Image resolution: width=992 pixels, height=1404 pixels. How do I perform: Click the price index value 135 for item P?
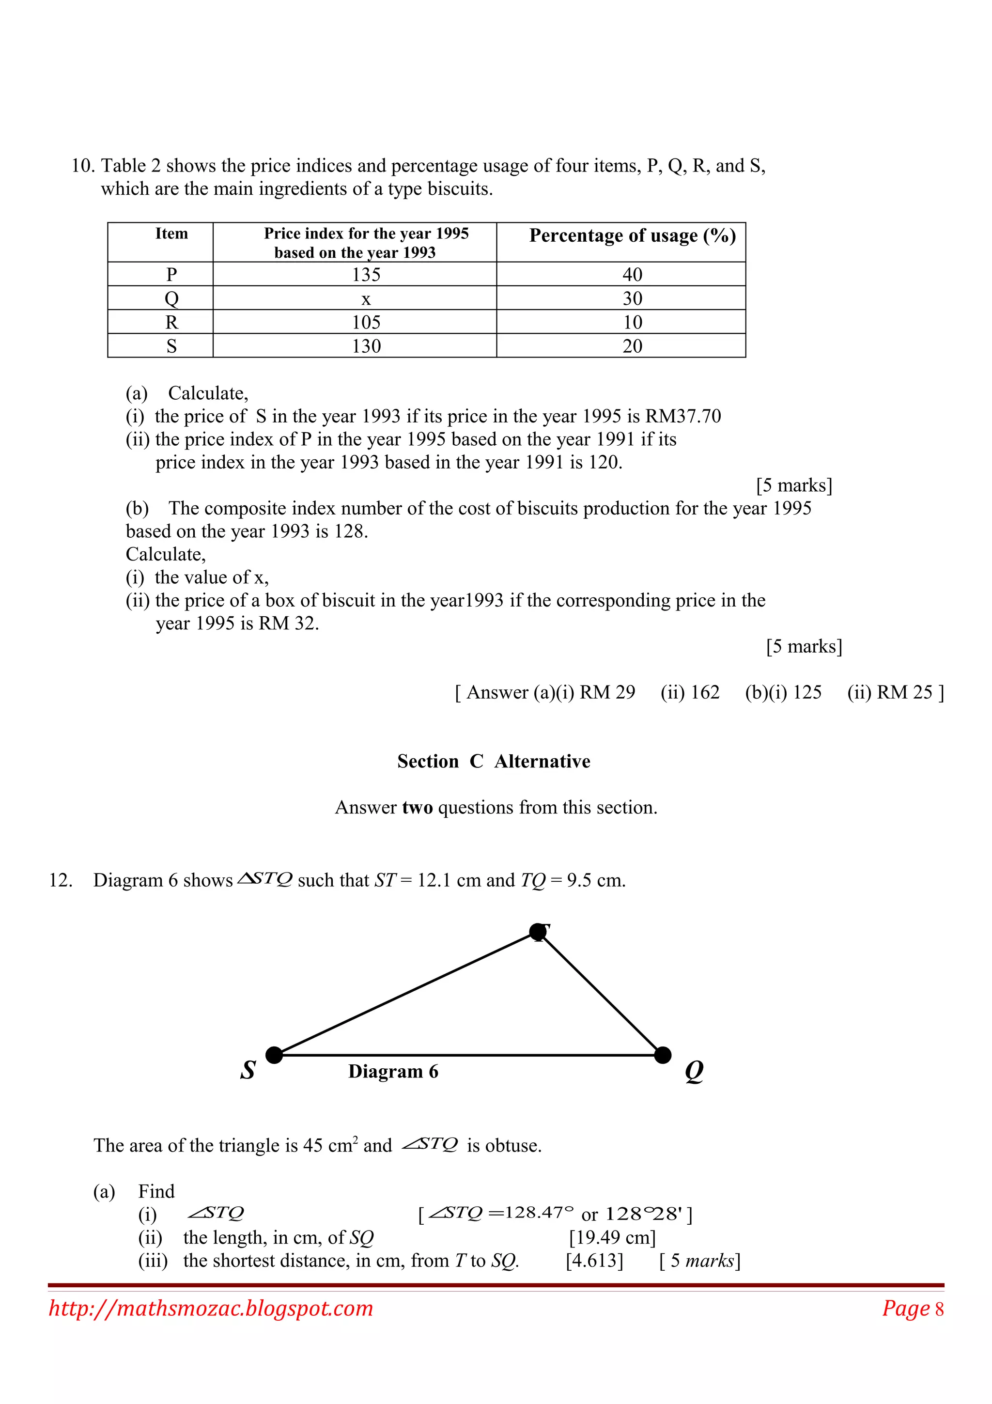(366, 275)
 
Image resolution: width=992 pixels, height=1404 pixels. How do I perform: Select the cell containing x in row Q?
(366, 299)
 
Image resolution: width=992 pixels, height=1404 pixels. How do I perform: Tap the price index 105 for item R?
(366, 322)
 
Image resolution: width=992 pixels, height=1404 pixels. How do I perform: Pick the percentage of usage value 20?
(632, 346)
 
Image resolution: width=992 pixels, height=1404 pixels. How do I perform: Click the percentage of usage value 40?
(632, 275)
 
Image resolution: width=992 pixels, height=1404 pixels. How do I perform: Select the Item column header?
(172, 234)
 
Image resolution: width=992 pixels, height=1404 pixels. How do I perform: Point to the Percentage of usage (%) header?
(632, 236)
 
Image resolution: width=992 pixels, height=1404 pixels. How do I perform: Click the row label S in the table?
(172, 346)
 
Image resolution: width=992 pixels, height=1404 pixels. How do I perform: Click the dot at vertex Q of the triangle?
(663, 1055)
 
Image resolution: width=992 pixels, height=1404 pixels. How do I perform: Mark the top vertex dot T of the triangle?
(538, 932)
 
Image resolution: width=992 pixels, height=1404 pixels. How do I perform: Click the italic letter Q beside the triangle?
(694, 1071)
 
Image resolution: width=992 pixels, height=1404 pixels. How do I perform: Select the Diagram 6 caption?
(393, 1071)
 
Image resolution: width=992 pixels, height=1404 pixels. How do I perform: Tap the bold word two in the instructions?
(418, 808)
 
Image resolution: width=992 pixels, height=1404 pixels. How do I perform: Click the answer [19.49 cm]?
(612, 1238)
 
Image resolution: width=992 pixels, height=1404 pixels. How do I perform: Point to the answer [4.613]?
(594, 1261)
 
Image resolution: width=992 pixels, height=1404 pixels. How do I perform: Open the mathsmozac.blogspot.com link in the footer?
(211, 1308)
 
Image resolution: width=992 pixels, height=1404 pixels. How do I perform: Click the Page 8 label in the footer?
(913, 1309)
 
